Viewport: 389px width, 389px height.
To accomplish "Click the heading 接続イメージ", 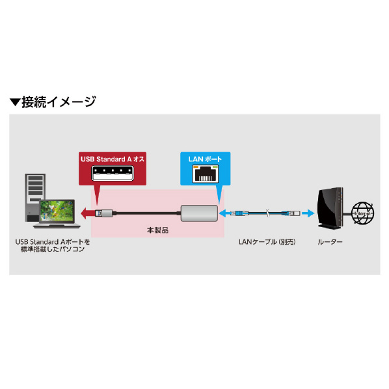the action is pos(59,102).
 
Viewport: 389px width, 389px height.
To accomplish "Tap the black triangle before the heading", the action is pos(15,102).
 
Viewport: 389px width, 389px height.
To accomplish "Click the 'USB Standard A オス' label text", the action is pos(113,159).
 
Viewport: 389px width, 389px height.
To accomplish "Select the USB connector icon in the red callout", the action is pos(113,173).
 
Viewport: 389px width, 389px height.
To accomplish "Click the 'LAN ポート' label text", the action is pos(205,159).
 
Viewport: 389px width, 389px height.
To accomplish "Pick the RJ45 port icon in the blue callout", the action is pos(206,174).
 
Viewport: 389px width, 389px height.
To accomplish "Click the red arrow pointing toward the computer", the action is pos(87,213).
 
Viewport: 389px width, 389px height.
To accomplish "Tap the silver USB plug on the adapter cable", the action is pos(103,213).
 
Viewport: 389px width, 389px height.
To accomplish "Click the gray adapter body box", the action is pos(199,213).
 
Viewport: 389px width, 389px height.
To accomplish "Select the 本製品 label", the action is pos(158,230).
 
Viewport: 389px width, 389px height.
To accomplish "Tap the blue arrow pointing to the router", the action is pos(308,213).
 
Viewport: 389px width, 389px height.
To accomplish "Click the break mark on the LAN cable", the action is pos(268,213).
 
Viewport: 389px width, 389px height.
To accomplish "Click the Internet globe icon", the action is pos(363,213).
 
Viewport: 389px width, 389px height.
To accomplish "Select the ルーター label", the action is pos(330,242).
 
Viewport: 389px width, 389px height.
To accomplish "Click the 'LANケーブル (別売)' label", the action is pos(267,242).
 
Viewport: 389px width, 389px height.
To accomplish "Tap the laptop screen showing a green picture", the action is pos(57,211).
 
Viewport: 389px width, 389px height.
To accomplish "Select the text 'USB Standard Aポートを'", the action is pos(53,242).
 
